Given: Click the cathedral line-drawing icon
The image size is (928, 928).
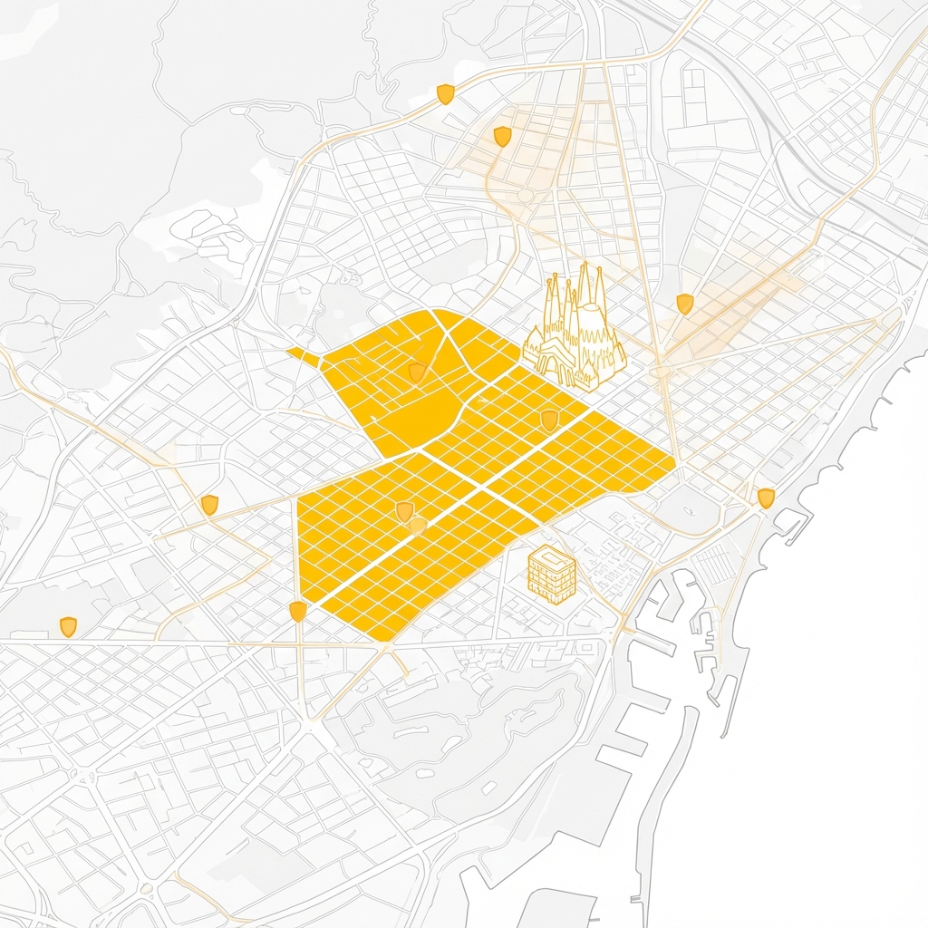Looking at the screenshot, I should [x=575, y=331].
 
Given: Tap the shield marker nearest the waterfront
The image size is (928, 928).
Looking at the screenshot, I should [x=766, y=498].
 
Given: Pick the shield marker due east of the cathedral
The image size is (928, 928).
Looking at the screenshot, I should [x=684, y=304].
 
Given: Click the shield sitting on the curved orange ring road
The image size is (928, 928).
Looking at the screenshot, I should [x=445, y=94].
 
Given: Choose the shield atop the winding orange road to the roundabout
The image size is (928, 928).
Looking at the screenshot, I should [x=502, y=136].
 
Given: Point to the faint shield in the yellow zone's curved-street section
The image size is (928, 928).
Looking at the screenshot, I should [x=416, y=372].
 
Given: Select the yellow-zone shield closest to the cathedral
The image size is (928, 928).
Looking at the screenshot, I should [x=549, y=419].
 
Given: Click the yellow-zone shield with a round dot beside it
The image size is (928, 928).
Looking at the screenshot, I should [x=404, y=512].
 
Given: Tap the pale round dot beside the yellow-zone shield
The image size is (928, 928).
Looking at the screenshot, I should [x=417, y=526].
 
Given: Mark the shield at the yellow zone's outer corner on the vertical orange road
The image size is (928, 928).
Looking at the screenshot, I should [x=297, y=612].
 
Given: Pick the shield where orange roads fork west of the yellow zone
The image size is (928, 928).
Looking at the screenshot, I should [x=209, y=505].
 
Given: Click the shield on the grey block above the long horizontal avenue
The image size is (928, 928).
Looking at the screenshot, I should [x=68, y=626].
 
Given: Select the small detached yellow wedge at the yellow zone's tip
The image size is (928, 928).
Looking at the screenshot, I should [x=304, y=357].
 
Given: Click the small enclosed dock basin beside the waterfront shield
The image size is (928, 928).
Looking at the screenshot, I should [x=788, y=520].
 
